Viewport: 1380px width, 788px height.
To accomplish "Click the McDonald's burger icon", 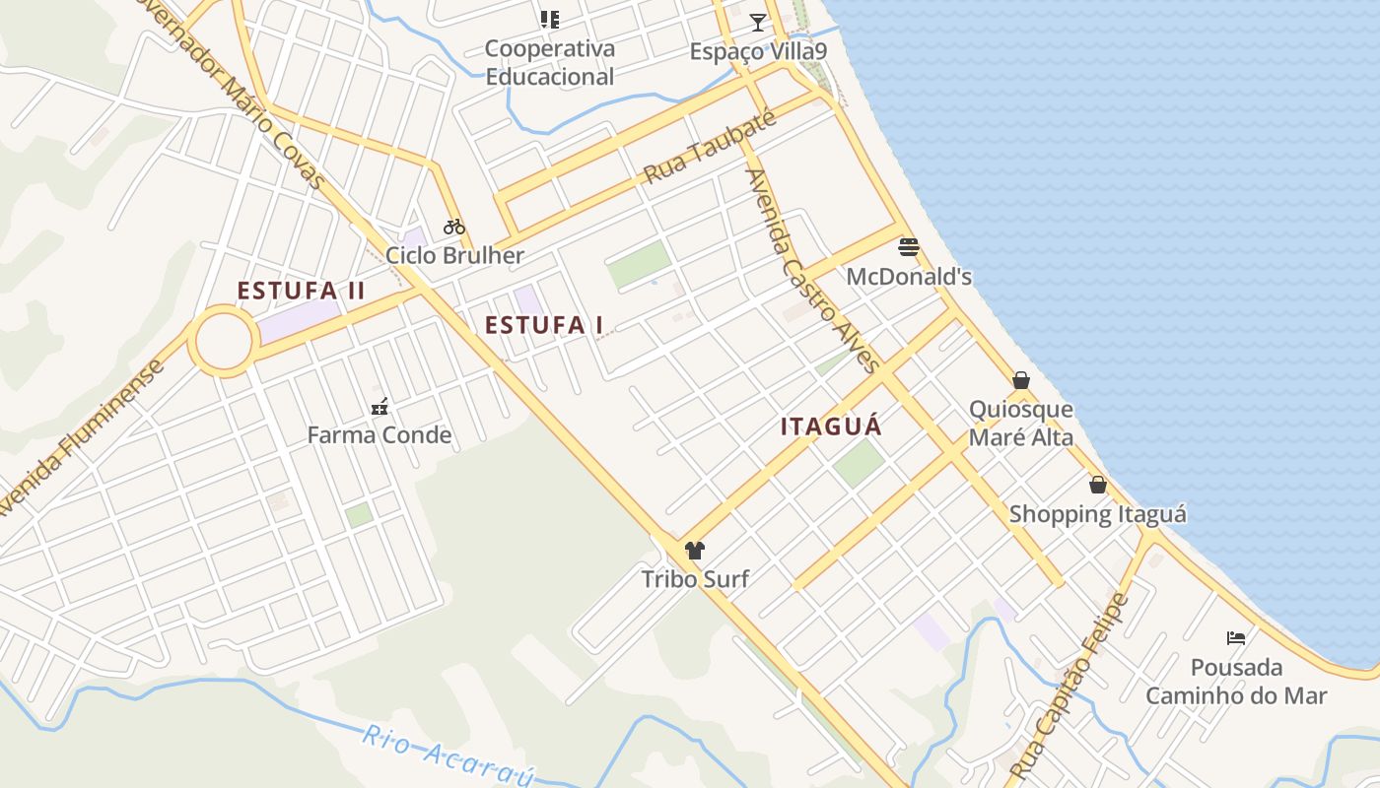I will (909, 246).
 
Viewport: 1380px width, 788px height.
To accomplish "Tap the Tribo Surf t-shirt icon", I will (695, 551).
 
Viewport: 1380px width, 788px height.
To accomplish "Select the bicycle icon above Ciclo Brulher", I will (454, 227).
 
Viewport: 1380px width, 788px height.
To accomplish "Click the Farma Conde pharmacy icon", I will (379, 406).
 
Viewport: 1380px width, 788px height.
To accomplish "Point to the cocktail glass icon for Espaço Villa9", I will (757, 22).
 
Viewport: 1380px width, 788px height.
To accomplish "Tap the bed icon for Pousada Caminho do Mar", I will (1235, 638).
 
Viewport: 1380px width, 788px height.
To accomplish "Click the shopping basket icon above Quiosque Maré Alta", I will (1021, 380).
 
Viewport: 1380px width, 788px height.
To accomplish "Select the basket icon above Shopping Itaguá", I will (1098, 485).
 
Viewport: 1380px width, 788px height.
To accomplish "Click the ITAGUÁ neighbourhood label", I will (831, 427).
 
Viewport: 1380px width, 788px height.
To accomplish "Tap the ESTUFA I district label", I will (544, 325).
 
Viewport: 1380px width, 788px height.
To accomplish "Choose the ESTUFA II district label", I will (301, 291).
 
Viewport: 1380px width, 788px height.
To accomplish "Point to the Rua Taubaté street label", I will (710, 148).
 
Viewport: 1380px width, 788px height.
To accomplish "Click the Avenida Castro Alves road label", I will (812, 271).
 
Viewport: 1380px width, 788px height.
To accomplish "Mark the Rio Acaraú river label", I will (448, 755).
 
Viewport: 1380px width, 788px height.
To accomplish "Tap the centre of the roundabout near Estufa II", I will (224, 341).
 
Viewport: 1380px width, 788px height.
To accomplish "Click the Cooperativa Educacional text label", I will (550, 62).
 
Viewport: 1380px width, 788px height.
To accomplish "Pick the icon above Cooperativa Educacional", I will (550, 20).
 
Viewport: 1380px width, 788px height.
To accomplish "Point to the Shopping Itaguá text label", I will (1097, 513).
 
